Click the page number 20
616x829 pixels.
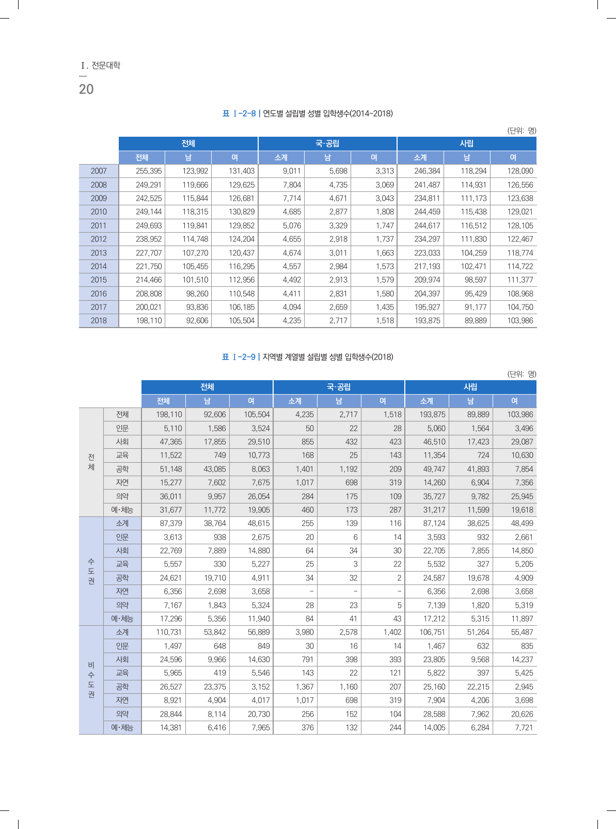(x=86, y=89)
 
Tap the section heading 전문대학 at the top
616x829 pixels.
(x=105, y=66)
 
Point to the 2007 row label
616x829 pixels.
(x=99, y=171)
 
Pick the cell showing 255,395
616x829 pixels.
(x=149, y=171)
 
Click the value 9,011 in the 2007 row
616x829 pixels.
(x=292, y=171)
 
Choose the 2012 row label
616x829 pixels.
(x=99, y=239)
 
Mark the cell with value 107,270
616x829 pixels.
(x=195, y=253)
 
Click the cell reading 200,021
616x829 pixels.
(x=149, y=307)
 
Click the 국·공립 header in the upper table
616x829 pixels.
(x=327, y=143)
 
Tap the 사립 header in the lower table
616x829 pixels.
(x=470, y=387)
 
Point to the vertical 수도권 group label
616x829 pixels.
(x=91, y=571)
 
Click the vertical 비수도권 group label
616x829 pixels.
(x=91, y=680)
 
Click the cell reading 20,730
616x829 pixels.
(x=259, y=714)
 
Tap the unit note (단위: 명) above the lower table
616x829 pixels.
(x=522, y=374)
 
